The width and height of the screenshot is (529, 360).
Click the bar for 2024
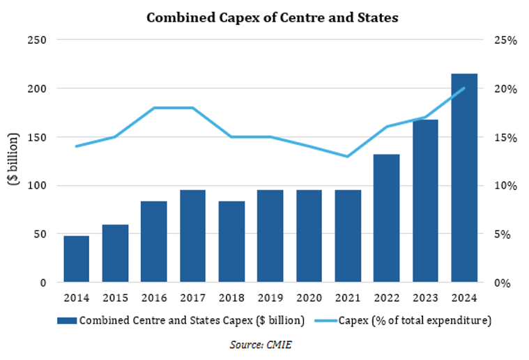(463, 178)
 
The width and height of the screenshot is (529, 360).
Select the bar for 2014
(77, 259)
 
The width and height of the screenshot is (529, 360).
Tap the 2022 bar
(386, 219)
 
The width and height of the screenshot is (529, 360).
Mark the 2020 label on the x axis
(309, 298)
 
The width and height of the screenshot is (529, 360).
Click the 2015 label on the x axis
(115, 298)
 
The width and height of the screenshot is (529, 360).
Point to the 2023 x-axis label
(425, 298)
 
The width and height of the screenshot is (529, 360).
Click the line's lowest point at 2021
(347, 157)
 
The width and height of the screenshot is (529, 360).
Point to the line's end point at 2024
(463, 88)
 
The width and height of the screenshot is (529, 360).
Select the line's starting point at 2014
(77, 146)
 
